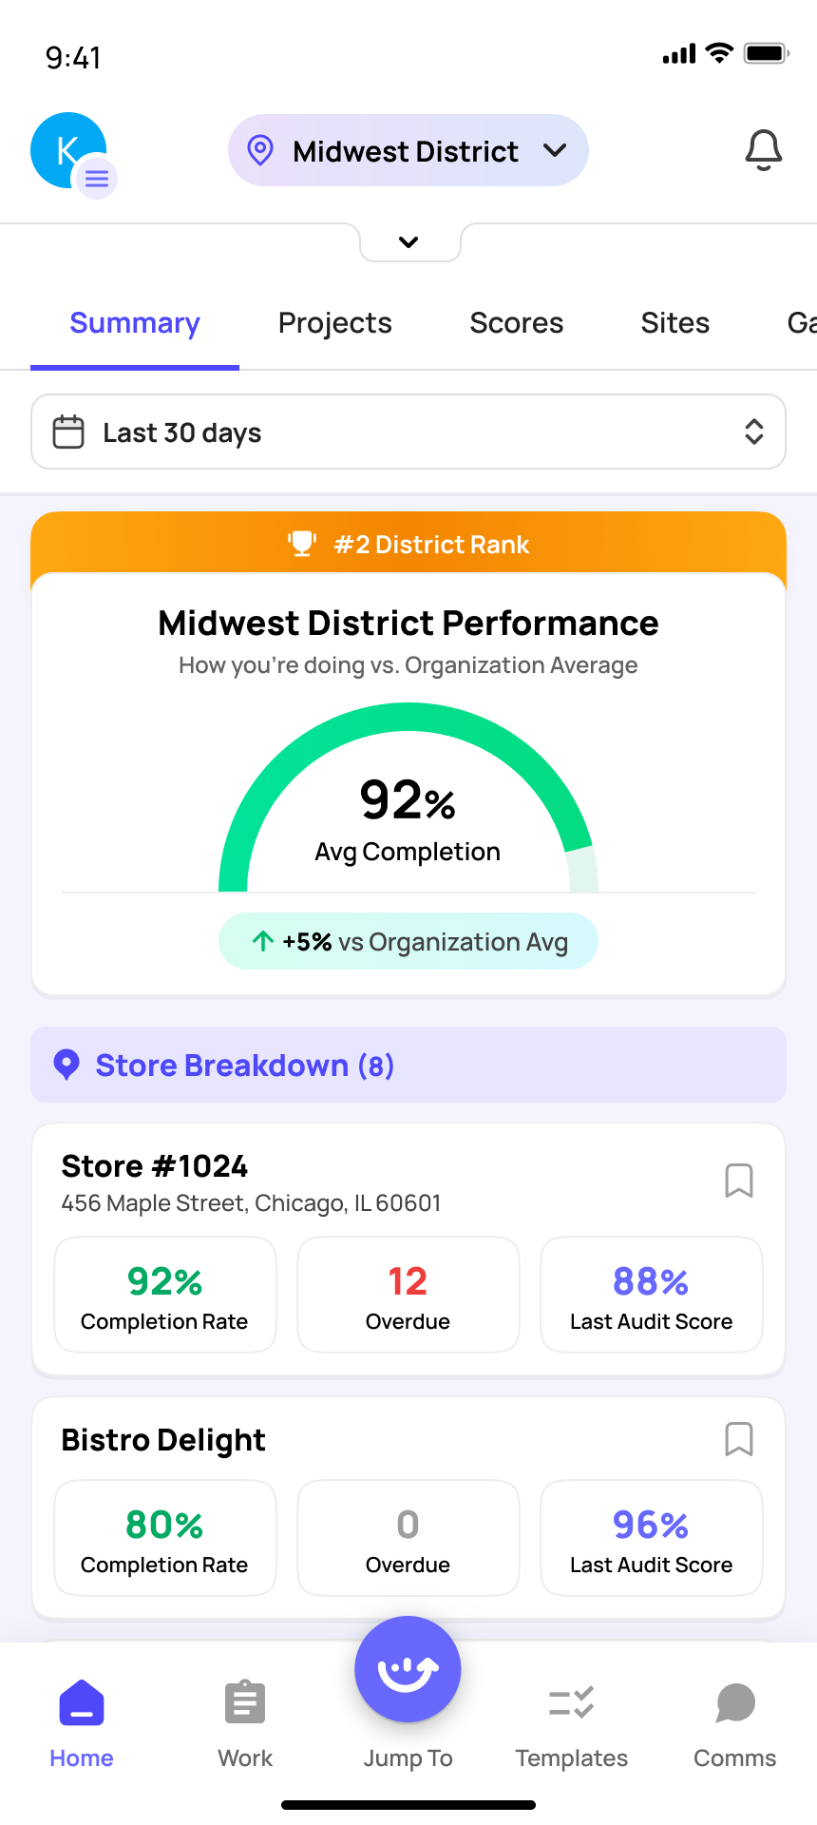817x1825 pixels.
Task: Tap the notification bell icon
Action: (763, 150)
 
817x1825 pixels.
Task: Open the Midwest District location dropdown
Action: (408, 151)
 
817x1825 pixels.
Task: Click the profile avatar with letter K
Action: (68, 150)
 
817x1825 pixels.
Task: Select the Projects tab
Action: (334, 323)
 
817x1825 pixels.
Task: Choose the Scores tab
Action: (516, 323)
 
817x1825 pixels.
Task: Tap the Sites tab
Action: (674, 323)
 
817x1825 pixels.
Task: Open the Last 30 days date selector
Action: (408, 432)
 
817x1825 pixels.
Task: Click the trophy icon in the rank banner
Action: (302, 544)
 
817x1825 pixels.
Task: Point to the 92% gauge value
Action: (408, 800)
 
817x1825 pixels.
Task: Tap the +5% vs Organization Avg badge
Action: (408, 942)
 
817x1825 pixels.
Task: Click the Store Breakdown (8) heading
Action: (245, 1066)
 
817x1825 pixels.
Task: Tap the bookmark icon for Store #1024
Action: (739, 1181)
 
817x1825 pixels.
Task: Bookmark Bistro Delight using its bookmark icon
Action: (739, 1439)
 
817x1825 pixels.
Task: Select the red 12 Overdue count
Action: (408, 1282)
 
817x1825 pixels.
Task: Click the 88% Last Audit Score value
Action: (651, 1282)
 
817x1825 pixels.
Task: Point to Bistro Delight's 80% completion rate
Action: (164, 1526)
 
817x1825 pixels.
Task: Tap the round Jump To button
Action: (408, 1670)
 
